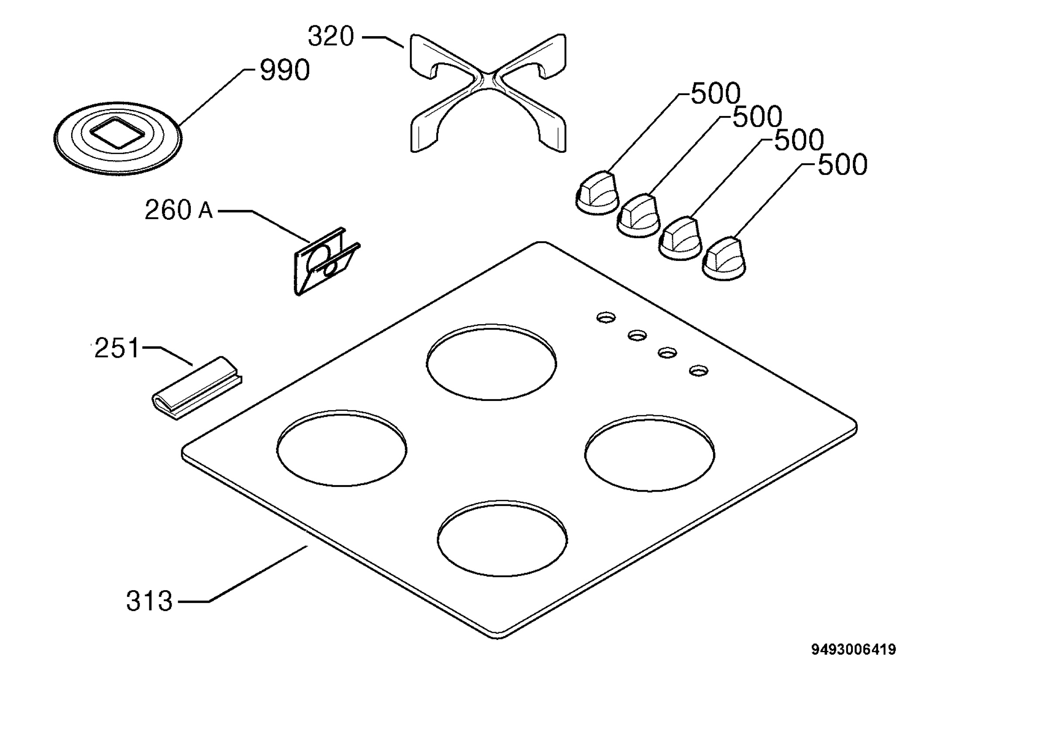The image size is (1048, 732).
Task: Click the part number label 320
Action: pyautogui.click(x=331, y=36)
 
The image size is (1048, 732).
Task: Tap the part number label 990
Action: pyautogui.click(x=285, y=70)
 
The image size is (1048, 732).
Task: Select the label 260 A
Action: pyautogui.click(x=179, y=210)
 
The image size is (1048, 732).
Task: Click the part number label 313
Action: pyautogui.click(x=150, y=601)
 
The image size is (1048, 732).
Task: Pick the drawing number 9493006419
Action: pyautogui.click(x=854, y=650)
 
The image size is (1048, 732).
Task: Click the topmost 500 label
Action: pyautogui.click(x=715, y=93)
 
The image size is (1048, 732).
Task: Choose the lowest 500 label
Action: pyautogui.click(x=842, y=164)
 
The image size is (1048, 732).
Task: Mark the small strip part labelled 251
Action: pyautogui.click(x=197, y=387)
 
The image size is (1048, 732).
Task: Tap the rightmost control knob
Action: pyautogui.click(x=724, y=259)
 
